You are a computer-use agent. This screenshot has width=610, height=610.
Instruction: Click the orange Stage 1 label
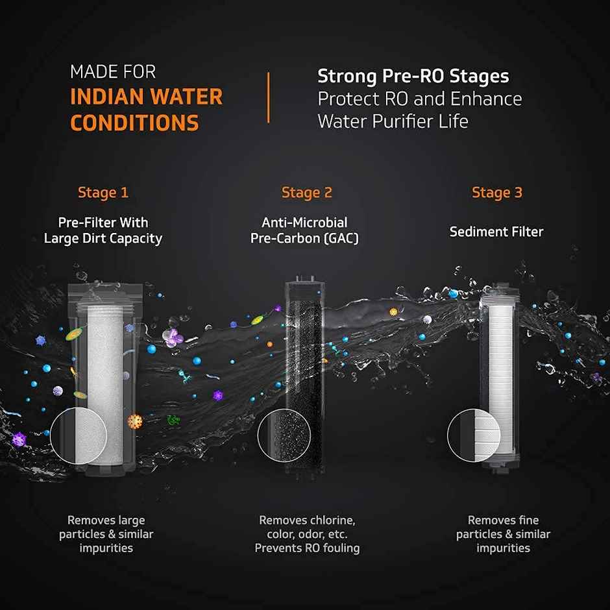coord(103,193)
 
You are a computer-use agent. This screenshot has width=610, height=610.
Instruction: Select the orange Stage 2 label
coord(306,193)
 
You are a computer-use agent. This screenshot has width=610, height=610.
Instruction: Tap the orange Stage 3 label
coord(496,193)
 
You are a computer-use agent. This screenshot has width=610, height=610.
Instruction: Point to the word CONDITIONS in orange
coord(134,123)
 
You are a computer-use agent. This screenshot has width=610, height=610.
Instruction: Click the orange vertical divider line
coord(268,97)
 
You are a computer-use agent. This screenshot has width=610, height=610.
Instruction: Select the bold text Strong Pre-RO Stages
coord(413,77)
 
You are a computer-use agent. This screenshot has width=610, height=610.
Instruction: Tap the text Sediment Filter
coord(496,232)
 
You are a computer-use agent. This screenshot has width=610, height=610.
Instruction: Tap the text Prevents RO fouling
coord(307,548)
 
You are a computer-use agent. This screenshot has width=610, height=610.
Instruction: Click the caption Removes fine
coord(503,520)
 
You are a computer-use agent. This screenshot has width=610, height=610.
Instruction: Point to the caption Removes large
coord(106,520)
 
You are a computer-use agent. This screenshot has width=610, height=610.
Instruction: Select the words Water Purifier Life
coord(393,121)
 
